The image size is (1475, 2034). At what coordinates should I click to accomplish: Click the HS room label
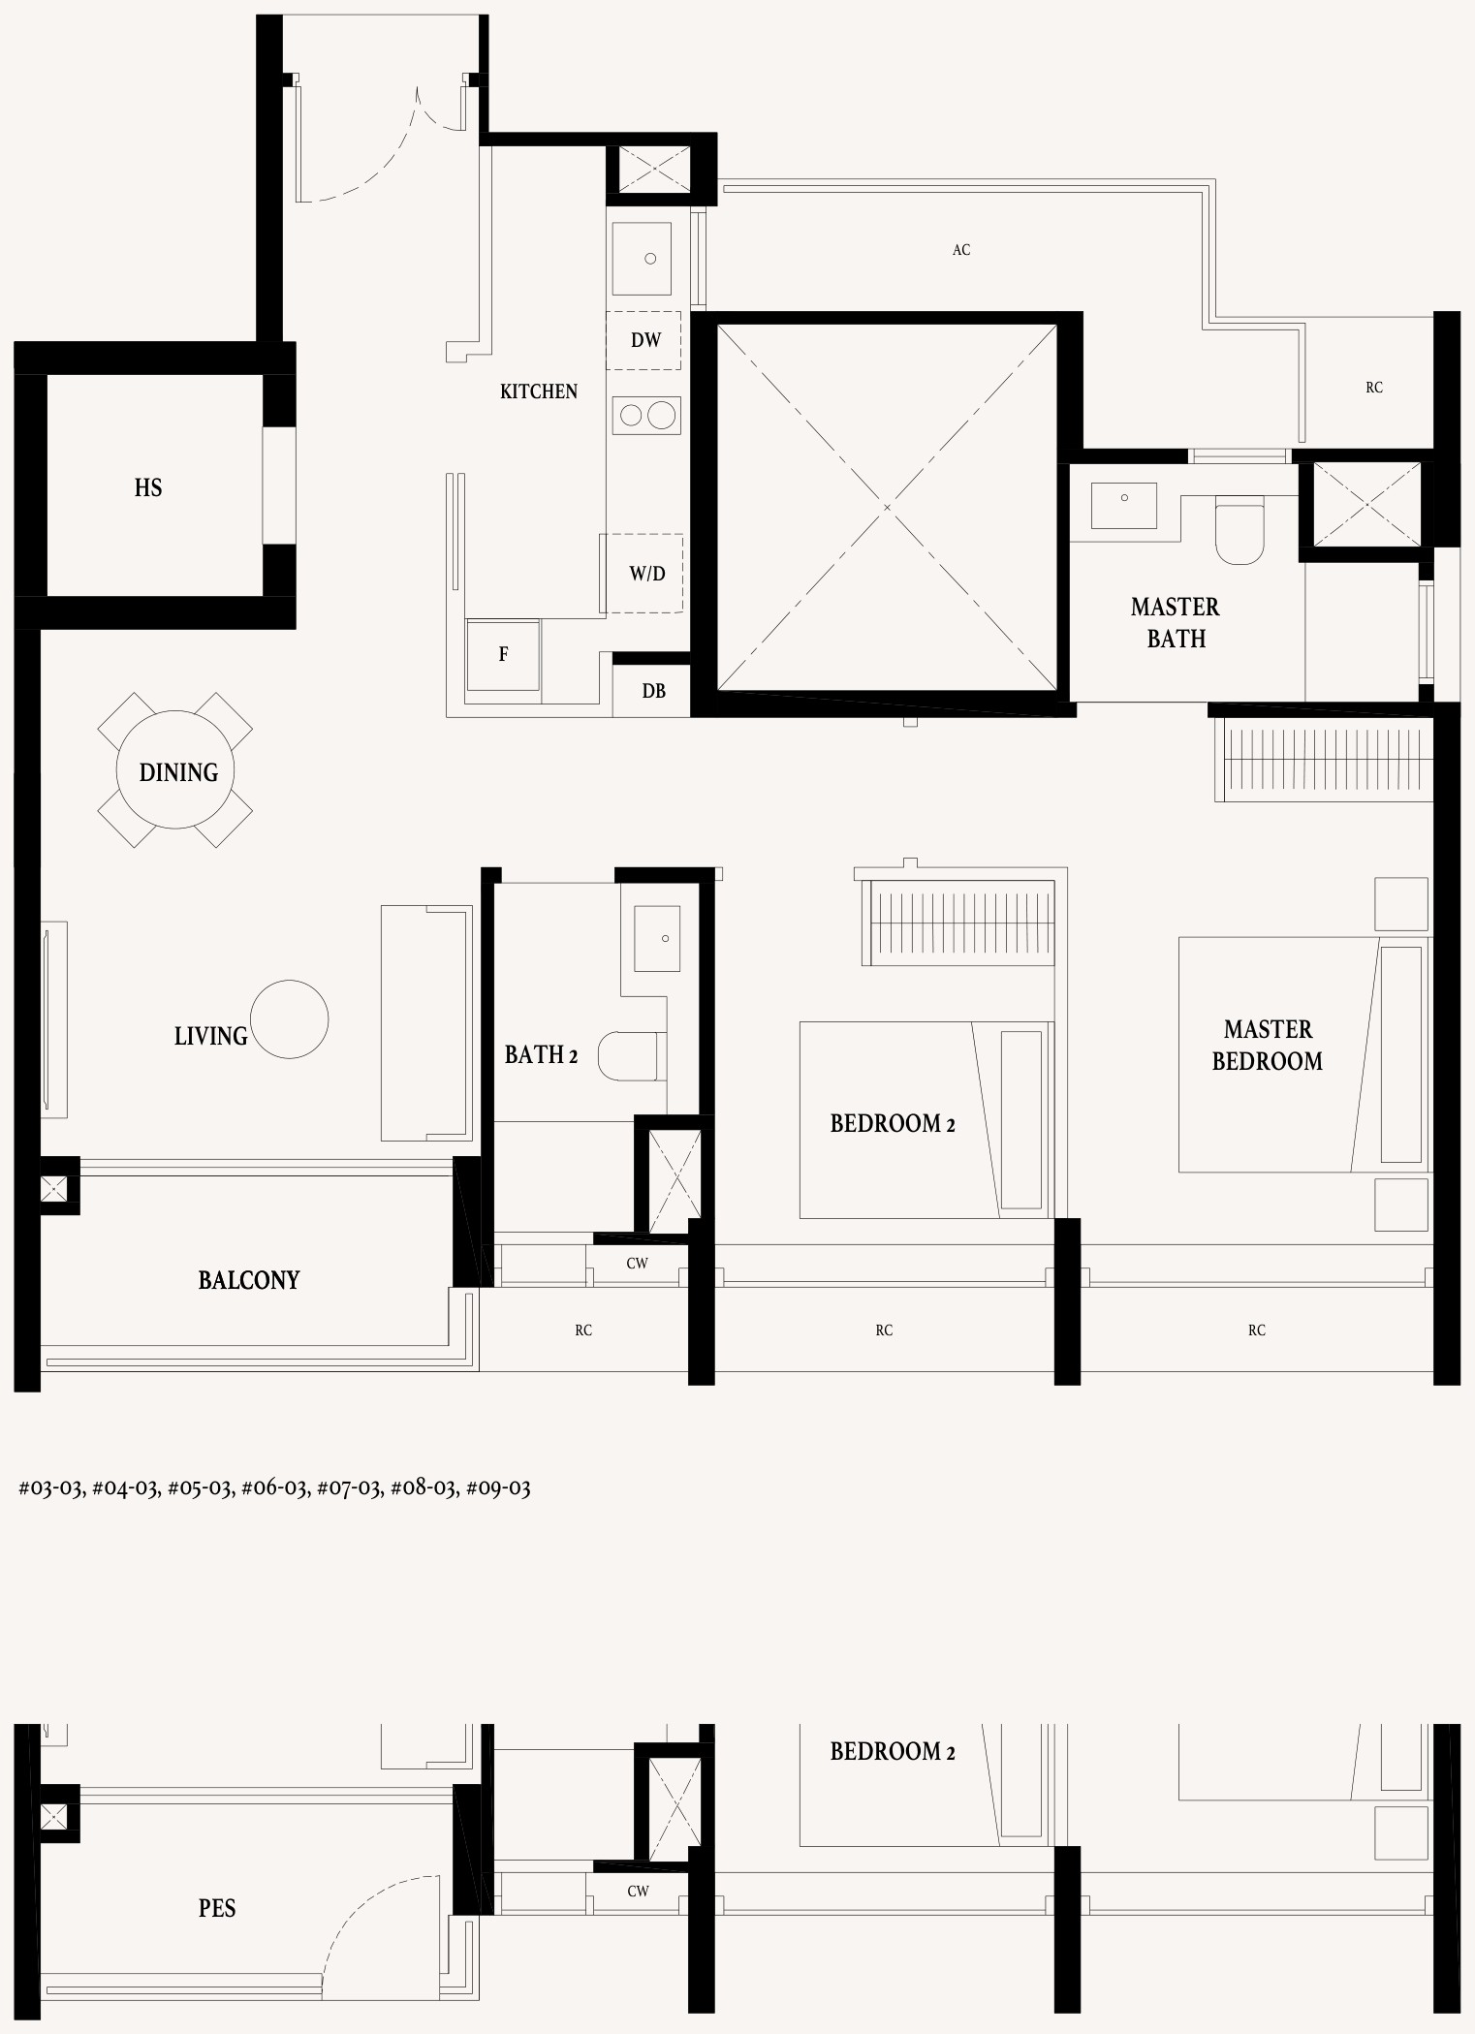[x=148, y=487]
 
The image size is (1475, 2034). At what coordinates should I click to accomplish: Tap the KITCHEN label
[x=539, y=391]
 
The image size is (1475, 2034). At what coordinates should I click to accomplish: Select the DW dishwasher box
[x=644, y=340]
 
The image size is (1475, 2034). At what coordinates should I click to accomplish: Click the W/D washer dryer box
[x=642, y=573]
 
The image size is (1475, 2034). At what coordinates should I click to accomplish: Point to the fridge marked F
[x=503, y=655]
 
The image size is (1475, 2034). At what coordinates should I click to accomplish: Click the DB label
[x=654, y=691]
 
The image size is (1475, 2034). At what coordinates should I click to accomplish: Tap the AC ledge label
[x=961, y=250]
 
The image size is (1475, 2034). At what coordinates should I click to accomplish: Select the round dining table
[x=174, y=770]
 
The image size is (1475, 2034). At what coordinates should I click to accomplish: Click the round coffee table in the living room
[x=289, y=1019]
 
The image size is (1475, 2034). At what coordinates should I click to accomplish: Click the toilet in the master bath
[x=1240, y=531]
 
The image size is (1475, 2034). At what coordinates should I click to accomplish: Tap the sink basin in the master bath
[x=1124, y=505]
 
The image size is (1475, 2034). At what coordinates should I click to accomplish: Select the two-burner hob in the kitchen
[x=646, y=416]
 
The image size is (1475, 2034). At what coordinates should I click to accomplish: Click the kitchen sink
[x=642, y=258]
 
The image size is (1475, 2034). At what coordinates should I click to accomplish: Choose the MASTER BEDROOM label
[x=1268, y=1046]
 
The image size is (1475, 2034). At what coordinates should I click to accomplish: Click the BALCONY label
[x=249, y=1280]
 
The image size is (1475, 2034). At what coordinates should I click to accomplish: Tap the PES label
[x=217, y=1908]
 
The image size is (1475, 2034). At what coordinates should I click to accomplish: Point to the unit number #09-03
[x=498, y=1487]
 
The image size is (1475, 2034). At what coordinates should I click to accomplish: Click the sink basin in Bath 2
[x=657, y=938]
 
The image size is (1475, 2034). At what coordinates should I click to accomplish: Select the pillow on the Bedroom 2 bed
[x=1021, y=1119]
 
